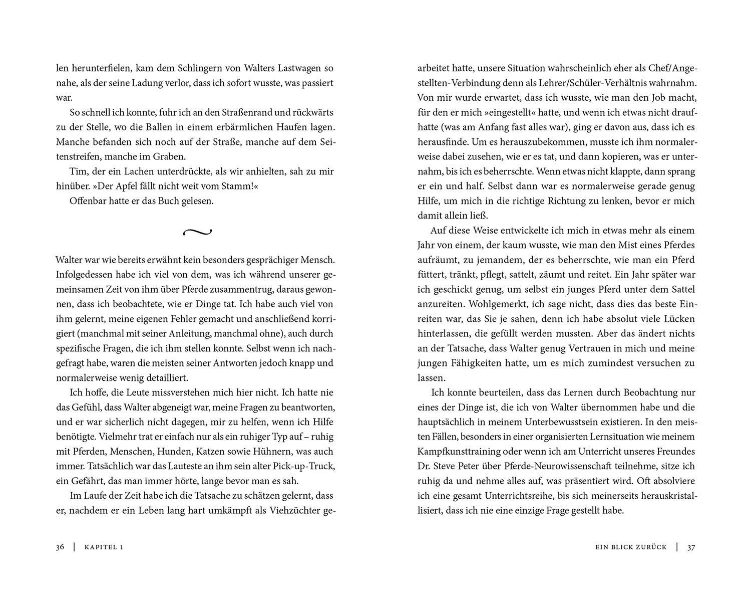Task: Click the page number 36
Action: [60, 547]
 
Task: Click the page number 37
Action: [691, 547]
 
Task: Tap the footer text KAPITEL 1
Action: [104, 547]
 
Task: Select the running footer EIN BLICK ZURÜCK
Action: [631, 547]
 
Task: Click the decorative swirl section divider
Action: [197, 232]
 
